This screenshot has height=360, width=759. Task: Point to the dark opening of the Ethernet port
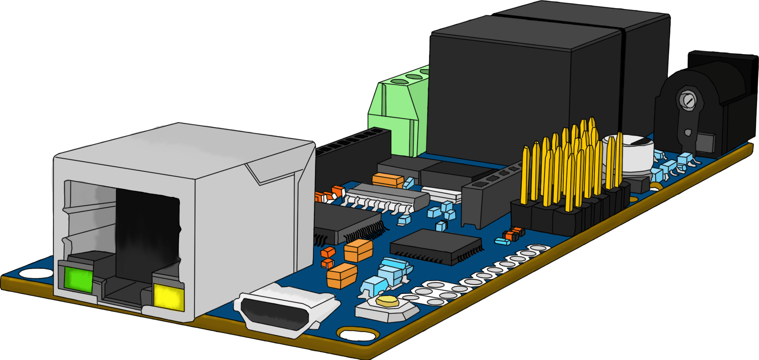click(x=148, y=230)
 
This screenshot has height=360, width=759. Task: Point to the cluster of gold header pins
click(x=572, y=166)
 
